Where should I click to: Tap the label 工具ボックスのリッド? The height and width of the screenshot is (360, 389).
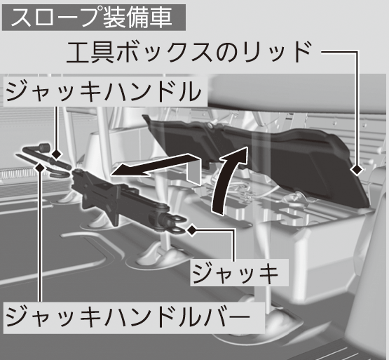189,53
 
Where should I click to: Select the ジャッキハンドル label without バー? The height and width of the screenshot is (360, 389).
104,91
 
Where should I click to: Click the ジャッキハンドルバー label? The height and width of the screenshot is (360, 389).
128,316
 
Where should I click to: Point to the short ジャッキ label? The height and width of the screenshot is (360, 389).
236,274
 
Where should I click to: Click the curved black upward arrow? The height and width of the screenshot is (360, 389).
228,180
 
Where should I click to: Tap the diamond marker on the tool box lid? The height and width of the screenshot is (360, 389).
357,170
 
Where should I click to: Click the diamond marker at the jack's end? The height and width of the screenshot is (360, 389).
192,230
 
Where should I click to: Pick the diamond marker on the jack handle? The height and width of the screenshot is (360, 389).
56,154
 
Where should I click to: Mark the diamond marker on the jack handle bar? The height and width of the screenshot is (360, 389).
40,168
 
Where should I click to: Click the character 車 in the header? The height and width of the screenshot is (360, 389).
161,18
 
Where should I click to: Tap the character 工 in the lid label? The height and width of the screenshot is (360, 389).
78,53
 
